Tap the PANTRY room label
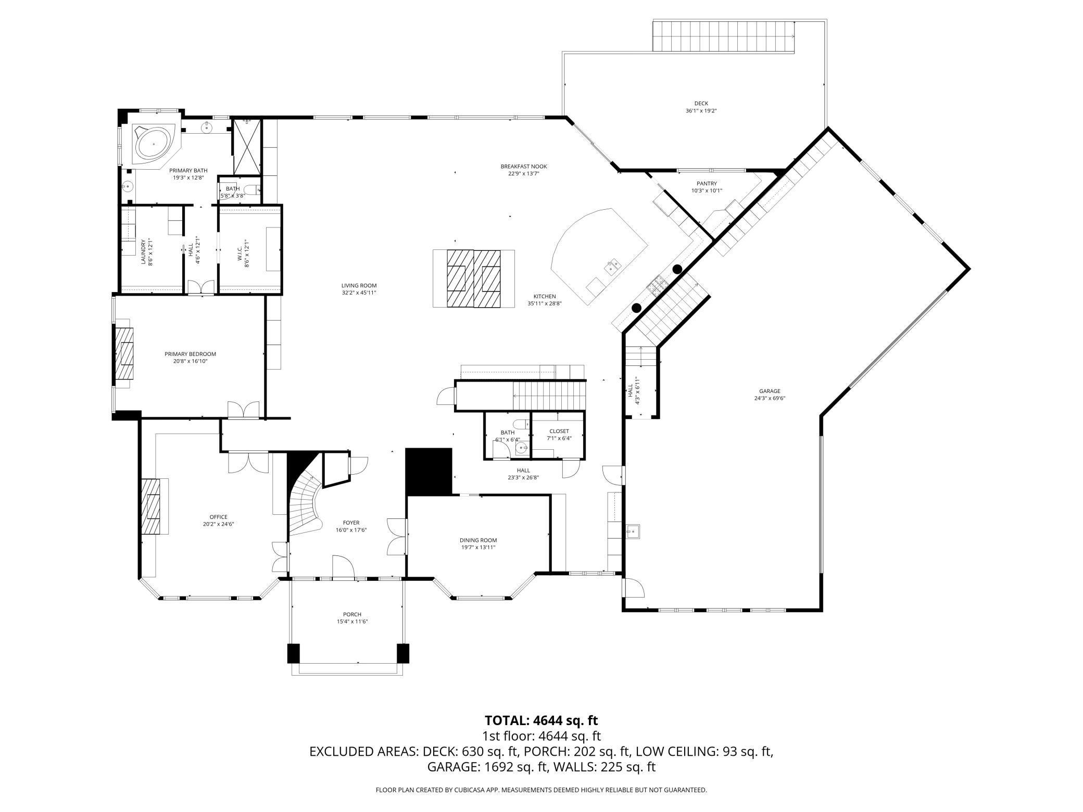707,183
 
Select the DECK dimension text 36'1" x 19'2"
701,111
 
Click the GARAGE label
769,391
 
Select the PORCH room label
352,614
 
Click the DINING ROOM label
478,540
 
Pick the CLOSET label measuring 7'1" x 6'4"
559,431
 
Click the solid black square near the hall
429,471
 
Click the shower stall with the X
246,147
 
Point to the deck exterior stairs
723,36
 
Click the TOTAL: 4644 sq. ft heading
541,720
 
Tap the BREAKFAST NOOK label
523,167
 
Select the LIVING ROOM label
359,285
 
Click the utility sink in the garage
634,531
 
